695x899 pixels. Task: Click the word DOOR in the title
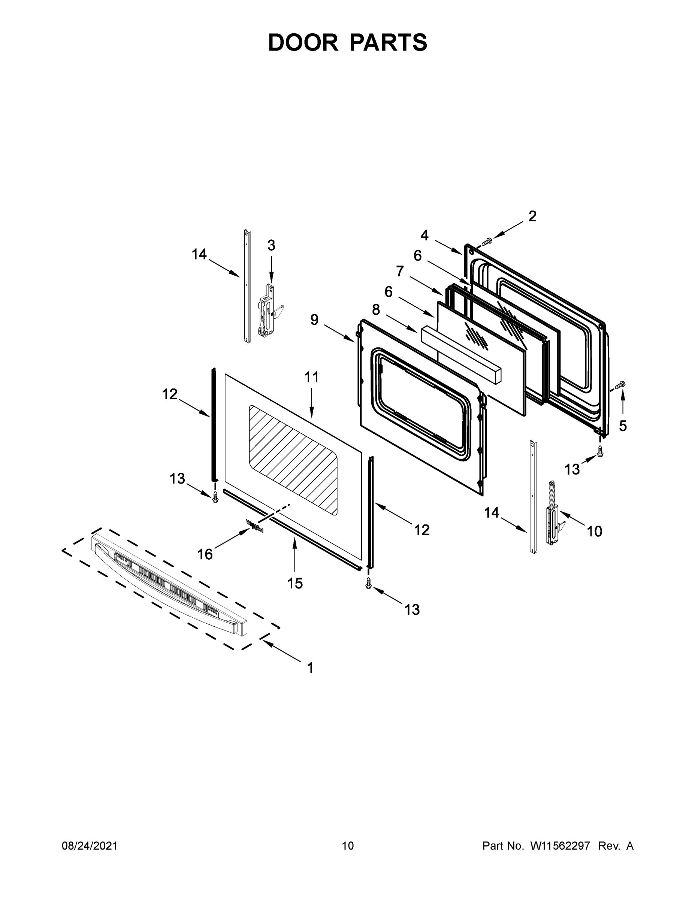click(x=303, y=42)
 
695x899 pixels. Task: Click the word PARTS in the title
click(x=388, y=42)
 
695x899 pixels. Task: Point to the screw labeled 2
click(x=487, y=241)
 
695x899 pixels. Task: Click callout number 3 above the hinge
click(x=271, y=245)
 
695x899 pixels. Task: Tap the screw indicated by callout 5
click(x=620, y=385)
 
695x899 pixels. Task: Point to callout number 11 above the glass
click(x=311, y=377)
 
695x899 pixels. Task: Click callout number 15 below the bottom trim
click(x=295, y=583)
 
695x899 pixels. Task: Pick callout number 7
click(x=400, y=271)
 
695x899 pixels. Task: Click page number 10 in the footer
click(x=348, y=845)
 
